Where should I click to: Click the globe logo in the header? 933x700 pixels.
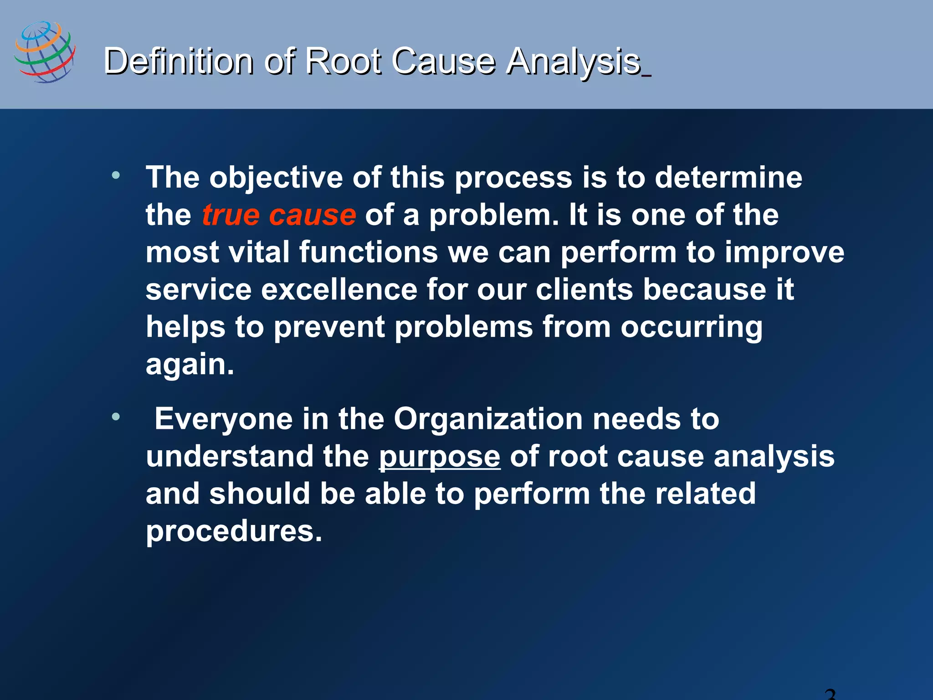click(45, 51)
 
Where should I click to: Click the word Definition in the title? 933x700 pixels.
click(178, 61)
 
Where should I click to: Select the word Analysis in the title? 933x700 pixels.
click(574, 61)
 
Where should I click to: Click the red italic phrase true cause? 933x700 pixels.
click(279, 215)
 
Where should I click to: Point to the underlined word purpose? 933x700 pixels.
click(440, 457)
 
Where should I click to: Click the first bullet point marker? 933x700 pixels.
click(116, 175)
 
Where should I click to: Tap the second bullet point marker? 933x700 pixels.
click(116, 416)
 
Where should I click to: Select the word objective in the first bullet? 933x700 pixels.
click(276, 178)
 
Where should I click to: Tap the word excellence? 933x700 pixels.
click(339, 290)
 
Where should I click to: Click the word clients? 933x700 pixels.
click(584, 290)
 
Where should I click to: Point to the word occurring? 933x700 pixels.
click(691, 327)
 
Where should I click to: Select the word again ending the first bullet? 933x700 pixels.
click(190, 365)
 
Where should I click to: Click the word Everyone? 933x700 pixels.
click(223, 419)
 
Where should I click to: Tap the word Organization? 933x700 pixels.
click(488, 419)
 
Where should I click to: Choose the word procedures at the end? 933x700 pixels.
click(234, 531)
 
